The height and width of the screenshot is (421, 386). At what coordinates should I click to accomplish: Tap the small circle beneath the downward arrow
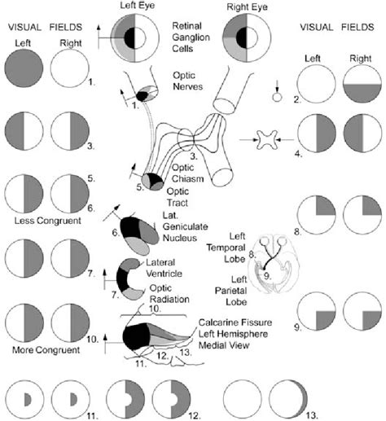point(279,97)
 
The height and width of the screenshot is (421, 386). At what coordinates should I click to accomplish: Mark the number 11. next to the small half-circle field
point(92,415)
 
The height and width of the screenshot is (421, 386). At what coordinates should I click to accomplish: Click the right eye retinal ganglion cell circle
point(248,37)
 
